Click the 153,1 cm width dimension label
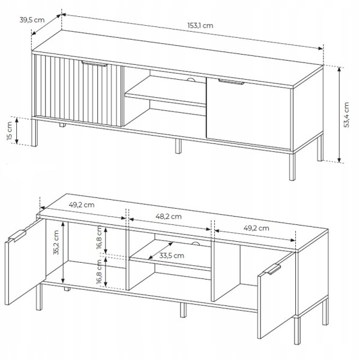200,25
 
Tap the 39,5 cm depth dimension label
32,20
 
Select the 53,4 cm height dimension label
346,115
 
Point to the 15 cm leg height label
10,131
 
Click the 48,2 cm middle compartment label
169,217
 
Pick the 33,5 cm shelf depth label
172,256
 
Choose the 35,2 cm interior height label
56,242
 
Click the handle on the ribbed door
94,64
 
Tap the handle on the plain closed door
231,82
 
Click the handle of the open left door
17,235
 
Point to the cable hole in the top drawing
191,80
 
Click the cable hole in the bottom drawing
196,244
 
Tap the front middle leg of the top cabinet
178,146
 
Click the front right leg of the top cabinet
292,166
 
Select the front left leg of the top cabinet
34,133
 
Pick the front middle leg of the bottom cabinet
183,310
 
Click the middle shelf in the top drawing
166,92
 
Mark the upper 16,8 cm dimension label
100,238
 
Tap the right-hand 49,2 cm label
256,228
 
